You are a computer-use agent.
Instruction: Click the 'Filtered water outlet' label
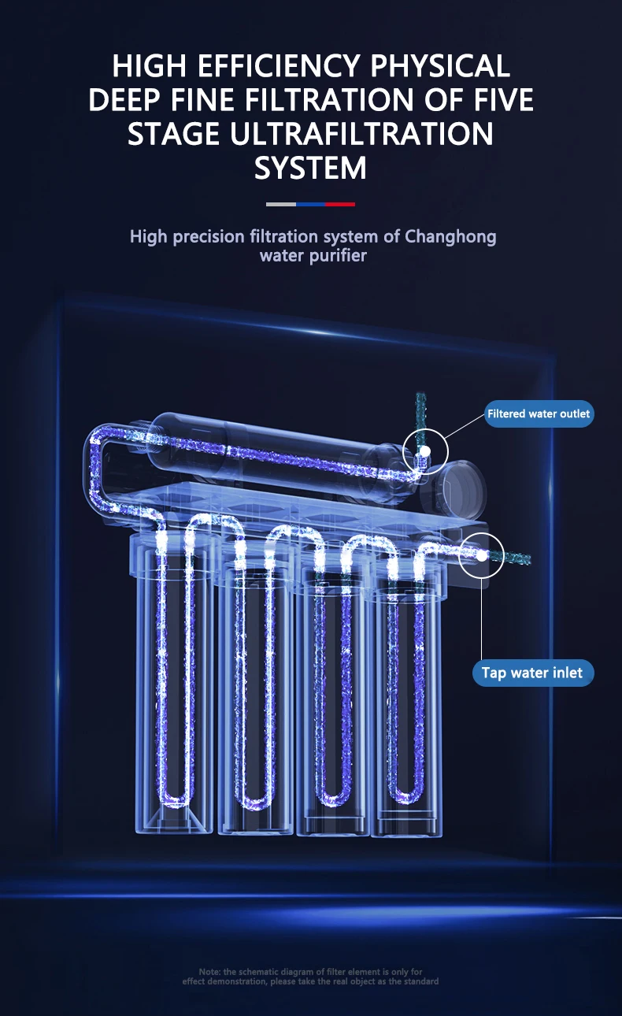pos(539,413)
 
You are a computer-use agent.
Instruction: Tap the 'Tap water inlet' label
pos(532,673)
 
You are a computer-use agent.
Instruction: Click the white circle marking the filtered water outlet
pos(425,452)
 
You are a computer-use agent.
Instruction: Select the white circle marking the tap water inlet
pos(480,554)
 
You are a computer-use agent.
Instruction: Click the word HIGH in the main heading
pos(150,66)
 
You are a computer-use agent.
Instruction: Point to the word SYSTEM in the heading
pos(310,169)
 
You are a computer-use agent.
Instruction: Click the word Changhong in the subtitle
pos(450,236)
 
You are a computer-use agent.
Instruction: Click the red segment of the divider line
pos(340,204)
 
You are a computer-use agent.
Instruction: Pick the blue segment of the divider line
pos(310,204)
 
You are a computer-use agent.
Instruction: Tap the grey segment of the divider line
pos(281,204)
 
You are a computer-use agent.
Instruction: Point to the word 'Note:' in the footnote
pos(209,972)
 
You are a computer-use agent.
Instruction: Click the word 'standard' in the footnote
pos(420,981)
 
